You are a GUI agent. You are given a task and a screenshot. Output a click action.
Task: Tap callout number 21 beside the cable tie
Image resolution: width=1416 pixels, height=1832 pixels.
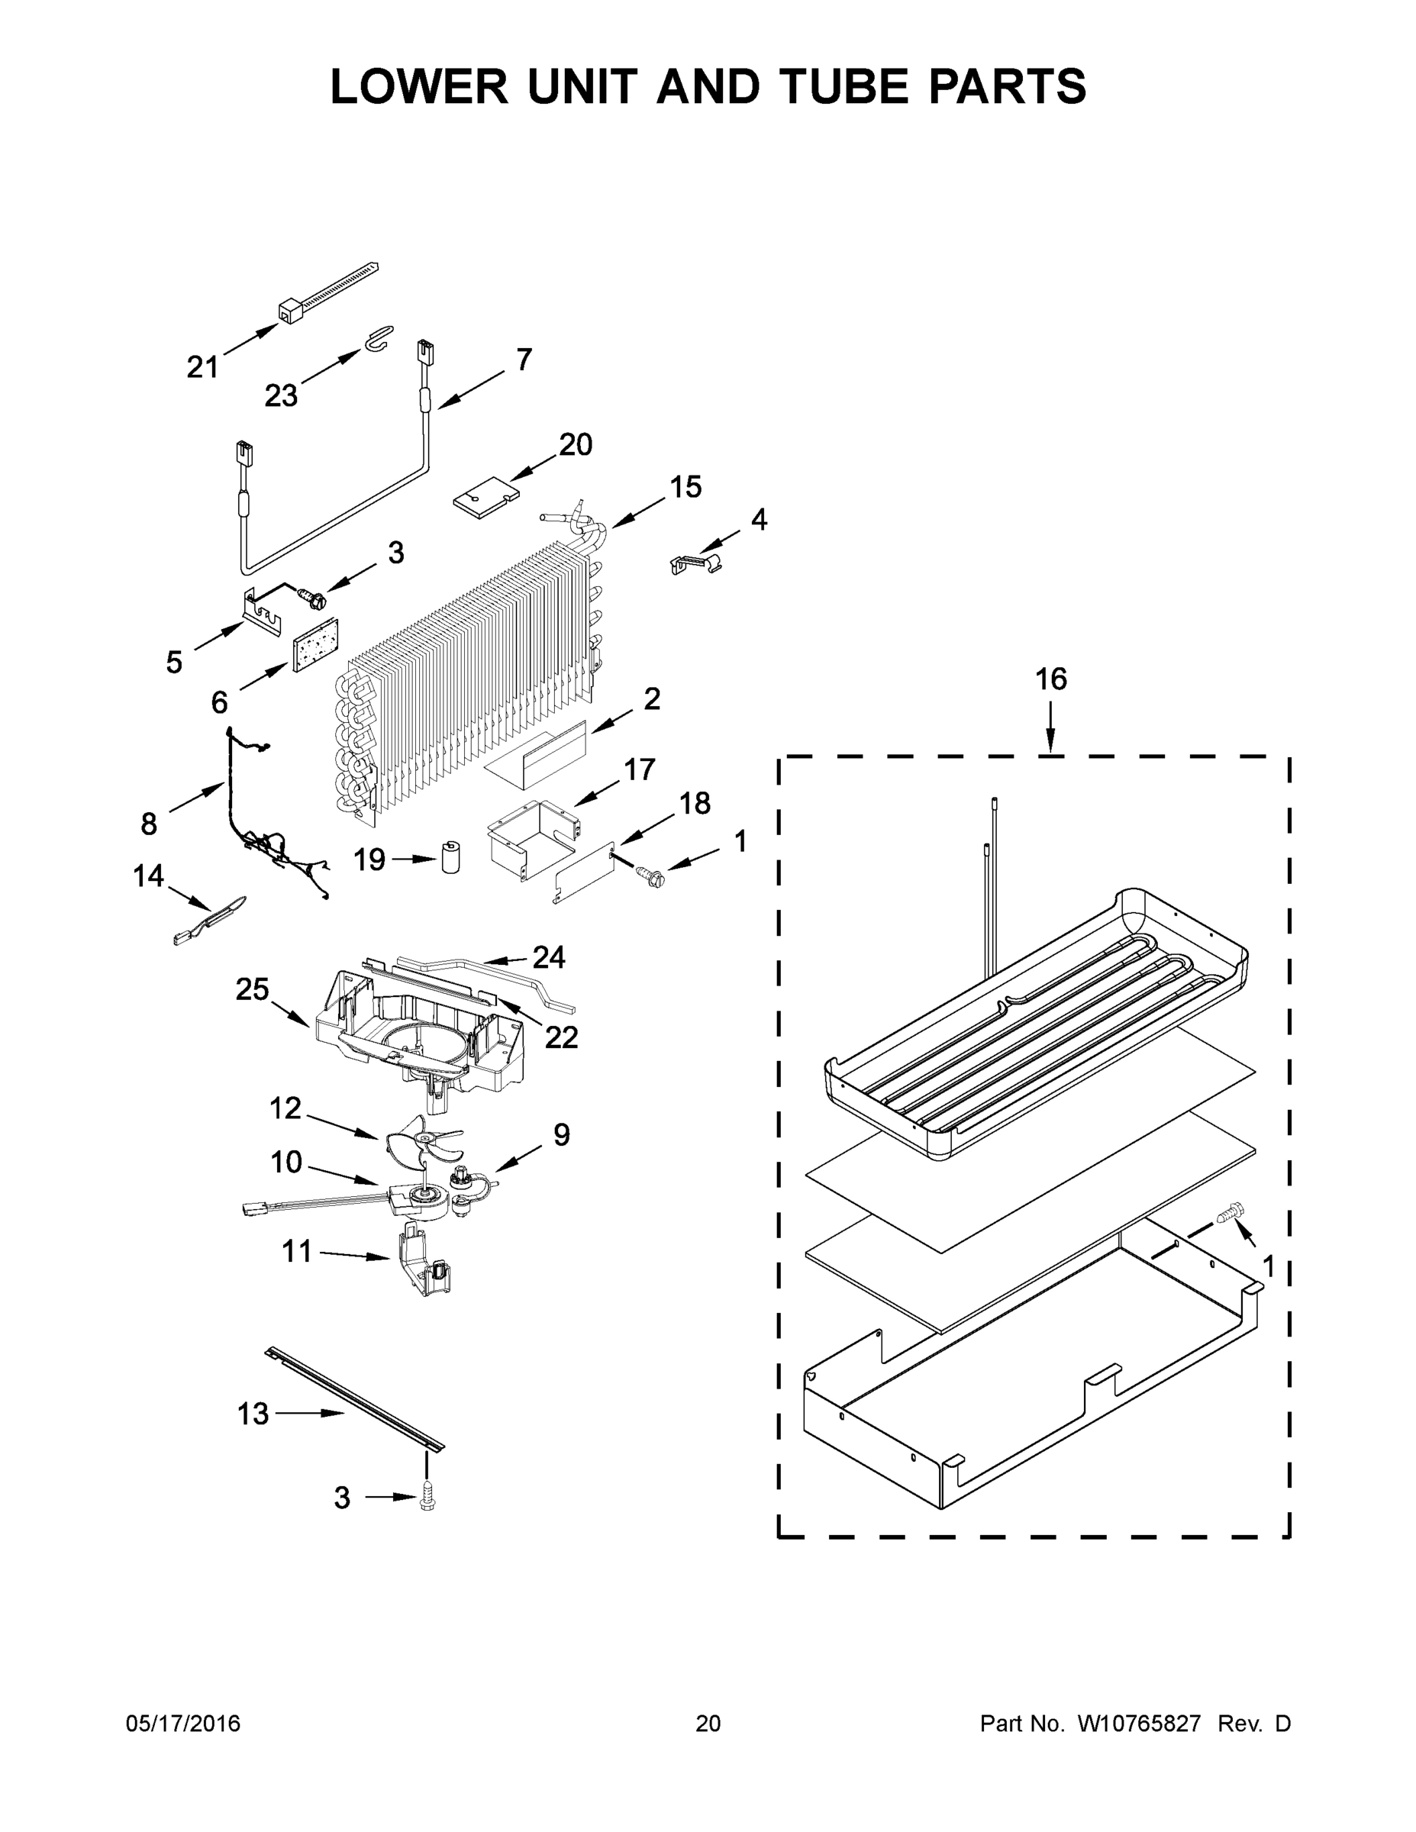point(202,366)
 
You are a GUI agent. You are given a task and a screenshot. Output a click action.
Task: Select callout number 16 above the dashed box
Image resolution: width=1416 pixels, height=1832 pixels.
point(1050,679)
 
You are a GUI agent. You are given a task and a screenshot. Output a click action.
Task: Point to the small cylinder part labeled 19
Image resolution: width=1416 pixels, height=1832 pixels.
point(452,857)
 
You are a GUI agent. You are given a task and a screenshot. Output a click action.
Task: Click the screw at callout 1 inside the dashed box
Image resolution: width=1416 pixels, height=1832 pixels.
point(1230,1212)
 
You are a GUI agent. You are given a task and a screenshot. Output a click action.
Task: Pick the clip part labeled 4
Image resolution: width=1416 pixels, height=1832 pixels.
point(696,563)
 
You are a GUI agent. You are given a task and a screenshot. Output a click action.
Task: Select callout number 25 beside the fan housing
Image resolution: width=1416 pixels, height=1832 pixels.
point(252,990)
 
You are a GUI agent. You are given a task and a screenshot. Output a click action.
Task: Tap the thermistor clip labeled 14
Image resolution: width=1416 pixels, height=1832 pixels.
point(210,921)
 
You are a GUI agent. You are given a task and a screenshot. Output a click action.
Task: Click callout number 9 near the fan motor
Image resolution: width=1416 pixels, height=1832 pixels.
point(561,1135)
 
